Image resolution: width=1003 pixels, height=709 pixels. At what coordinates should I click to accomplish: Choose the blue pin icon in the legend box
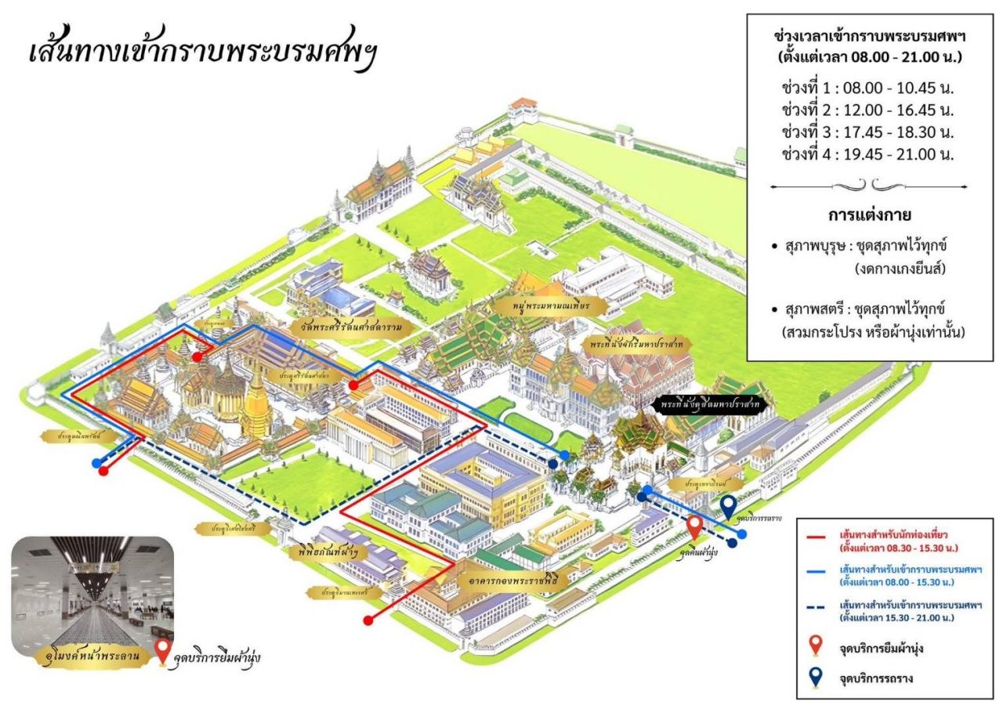point(816,678)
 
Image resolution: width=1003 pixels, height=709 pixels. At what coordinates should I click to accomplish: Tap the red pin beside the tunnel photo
point(163,650)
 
